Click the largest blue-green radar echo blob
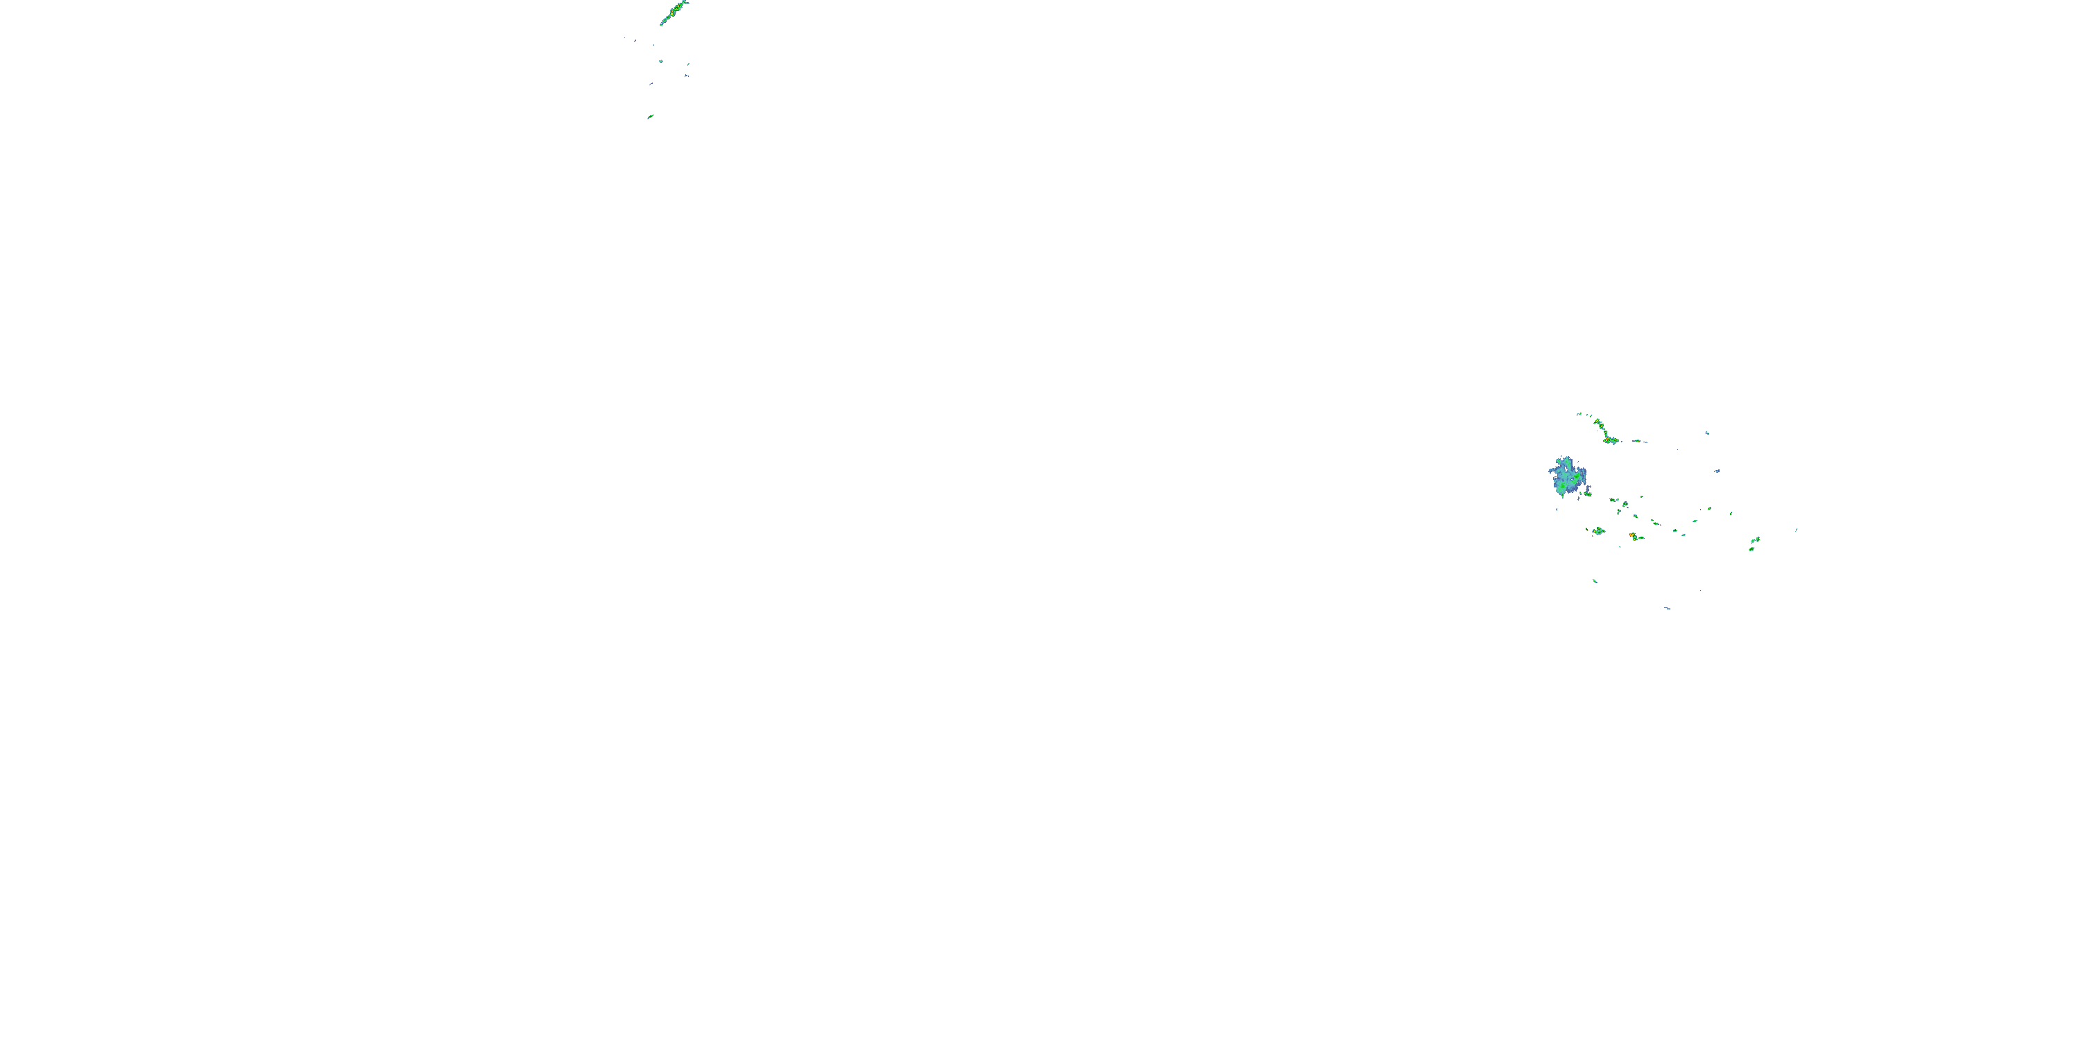coord(1567,476)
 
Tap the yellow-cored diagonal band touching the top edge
coord(673,12)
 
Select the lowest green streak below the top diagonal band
coord(649,117)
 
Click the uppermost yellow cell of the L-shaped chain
coord(1598,422)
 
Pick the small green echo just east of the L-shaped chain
coord(1638,441)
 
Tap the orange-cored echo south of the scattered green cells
coord(1633,535)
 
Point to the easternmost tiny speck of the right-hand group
coord(1797,530)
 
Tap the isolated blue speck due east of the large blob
coord(1717,471)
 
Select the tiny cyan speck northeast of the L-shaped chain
coord(1707,433)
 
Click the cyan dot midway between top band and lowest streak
coord(661,62)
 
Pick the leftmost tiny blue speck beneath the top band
coord(635,40)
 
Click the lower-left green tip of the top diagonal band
coord(662,24)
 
